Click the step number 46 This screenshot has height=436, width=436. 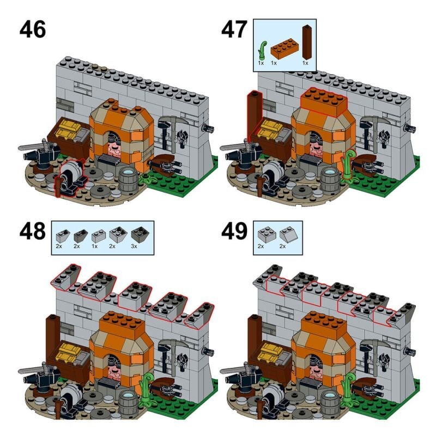tap(33, 29)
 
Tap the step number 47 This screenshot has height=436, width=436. tap(234, 29)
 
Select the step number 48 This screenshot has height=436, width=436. tap(33, 231)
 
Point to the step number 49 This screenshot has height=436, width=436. tap(234, 231)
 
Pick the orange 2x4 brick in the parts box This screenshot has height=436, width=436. tap(284, 49)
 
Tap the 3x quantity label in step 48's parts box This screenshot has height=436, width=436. tap(134, 246)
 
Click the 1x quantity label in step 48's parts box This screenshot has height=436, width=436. tap(94, 246)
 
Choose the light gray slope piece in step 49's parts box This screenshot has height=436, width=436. tap(288, 235)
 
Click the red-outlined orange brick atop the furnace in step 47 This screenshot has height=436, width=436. tap(324, 102)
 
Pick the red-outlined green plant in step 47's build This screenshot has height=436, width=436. tap(347, 166)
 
